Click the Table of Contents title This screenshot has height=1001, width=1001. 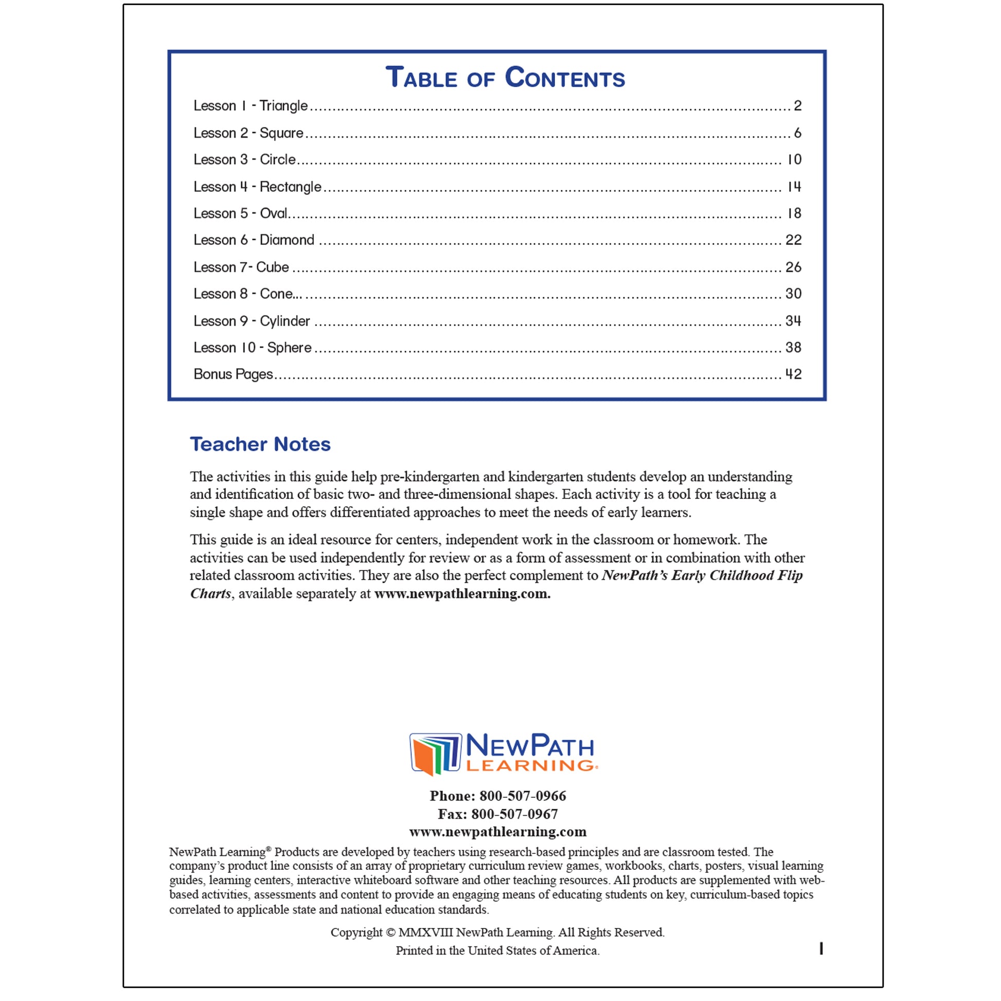pos(505,78)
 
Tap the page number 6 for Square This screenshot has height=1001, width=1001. pos(797,133)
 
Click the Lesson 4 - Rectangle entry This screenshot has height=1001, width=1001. pos(257,187)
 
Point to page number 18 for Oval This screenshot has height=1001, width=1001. pos(794,213)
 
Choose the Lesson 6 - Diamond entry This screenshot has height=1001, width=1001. pos(254,240)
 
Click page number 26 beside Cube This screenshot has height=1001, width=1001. pos(793,267)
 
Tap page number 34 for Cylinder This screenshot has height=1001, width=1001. pos(793,321)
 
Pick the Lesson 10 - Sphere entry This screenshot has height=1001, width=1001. pos(253,348)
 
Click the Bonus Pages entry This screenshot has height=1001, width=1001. pos(233,374)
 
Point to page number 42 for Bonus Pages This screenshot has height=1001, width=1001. pos(793,374)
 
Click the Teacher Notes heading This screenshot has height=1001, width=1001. pos(260,444)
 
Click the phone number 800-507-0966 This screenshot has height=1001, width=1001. pos(522,796)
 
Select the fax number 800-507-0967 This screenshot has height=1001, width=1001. pos(514,814)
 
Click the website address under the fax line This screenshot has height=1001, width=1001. pos(498,832)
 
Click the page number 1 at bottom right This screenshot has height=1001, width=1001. pos(821,949)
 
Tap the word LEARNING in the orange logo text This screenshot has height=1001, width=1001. pos(530,765)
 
